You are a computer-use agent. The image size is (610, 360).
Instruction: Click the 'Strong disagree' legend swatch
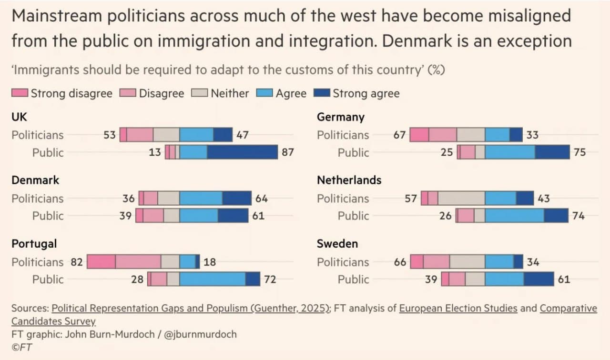(20, 93)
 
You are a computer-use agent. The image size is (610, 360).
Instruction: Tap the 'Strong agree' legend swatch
(322, 93)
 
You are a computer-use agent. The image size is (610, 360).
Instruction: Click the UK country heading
(20, 117)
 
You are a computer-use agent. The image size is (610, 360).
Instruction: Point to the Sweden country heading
(337, 244)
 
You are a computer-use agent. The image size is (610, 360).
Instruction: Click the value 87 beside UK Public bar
(288, 152)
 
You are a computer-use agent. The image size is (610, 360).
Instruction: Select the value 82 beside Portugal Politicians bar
(76, 262)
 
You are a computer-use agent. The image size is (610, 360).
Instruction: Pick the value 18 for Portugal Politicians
(209, 262)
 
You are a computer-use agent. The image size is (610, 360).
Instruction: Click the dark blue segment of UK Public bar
(242, 152)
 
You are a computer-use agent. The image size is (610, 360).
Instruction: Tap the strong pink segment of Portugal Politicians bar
(101, 262)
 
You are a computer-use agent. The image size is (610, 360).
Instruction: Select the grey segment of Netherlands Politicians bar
(461, 198)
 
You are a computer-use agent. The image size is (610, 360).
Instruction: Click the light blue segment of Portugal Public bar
(213, 279)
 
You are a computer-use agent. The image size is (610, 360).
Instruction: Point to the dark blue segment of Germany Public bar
(552, 152)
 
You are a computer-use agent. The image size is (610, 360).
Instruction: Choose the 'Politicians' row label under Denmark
(37, 198)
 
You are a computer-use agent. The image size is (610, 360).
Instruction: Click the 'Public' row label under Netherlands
(353, 216)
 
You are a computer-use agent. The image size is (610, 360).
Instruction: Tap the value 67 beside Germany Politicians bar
(399, 135)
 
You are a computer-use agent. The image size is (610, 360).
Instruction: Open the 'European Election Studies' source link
(458, 308)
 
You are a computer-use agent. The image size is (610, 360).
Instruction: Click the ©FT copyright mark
(22, 347)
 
